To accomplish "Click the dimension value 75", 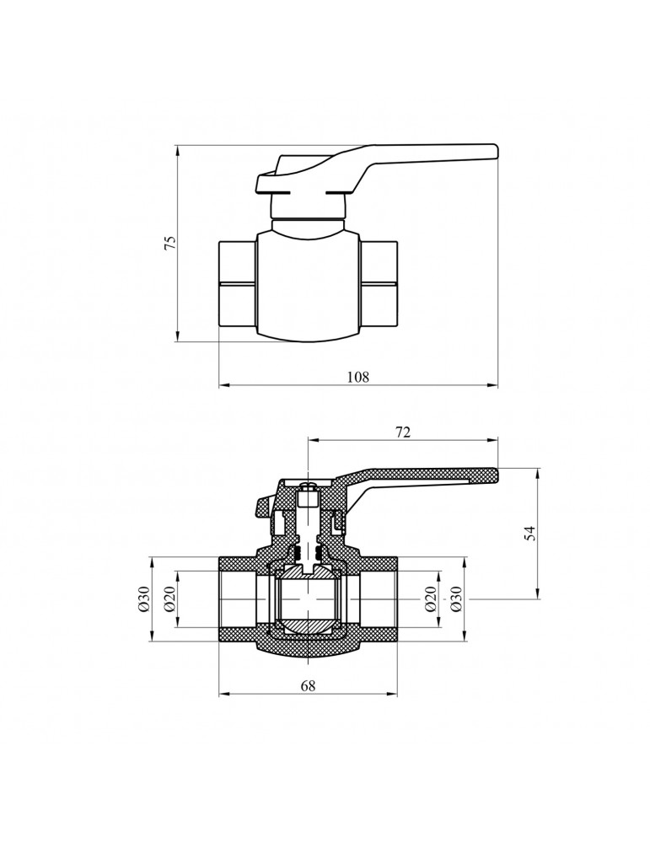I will tap(170, 244).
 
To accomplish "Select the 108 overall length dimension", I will tap(358, 377).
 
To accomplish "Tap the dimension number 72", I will tap(403, 432).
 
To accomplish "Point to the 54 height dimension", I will tap(530, 533).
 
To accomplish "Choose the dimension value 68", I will tap(308, 685).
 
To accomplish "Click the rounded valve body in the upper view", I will tap(308, 287).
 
